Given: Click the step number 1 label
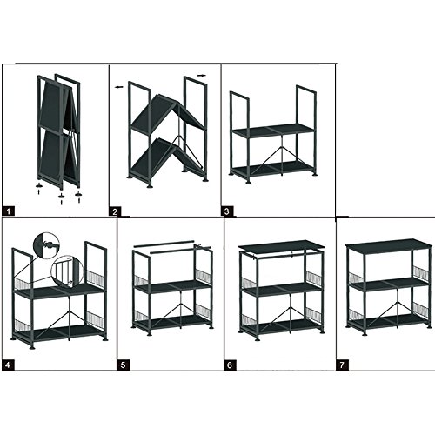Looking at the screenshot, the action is point(8,211).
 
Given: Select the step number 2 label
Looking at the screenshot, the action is point(115,211).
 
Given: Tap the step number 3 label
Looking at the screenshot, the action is point(227,211).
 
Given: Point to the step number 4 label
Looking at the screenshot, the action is point(8,365).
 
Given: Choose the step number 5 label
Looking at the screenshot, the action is point(124,365).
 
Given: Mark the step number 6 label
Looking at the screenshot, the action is point(230,365).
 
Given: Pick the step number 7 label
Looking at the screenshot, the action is point(342,365).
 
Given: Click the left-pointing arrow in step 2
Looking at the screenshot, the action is point(119,87).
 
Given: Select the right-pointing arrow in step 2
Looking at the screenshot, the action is point(202,76).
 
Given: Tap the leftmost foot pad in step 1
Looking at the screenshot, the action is point(39,185).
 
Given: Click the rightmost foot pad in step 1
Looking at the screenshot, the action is point(78,194).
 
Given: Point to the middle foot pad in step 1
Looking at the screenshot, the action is point(62,197).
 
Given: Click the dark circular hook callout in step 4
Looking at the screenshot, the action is point(46,245).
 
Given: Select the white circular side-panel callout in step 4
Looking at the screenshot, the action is point(67,271).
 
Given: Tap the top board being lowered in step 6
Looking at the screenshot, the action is point(280,245).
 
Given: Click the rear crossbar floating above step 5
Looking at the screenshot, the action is point(164,244).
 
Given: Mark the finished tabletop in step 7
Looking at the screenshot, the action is point(390,244).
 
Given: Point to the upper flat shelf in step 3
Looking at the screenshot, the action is point(274,130).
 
